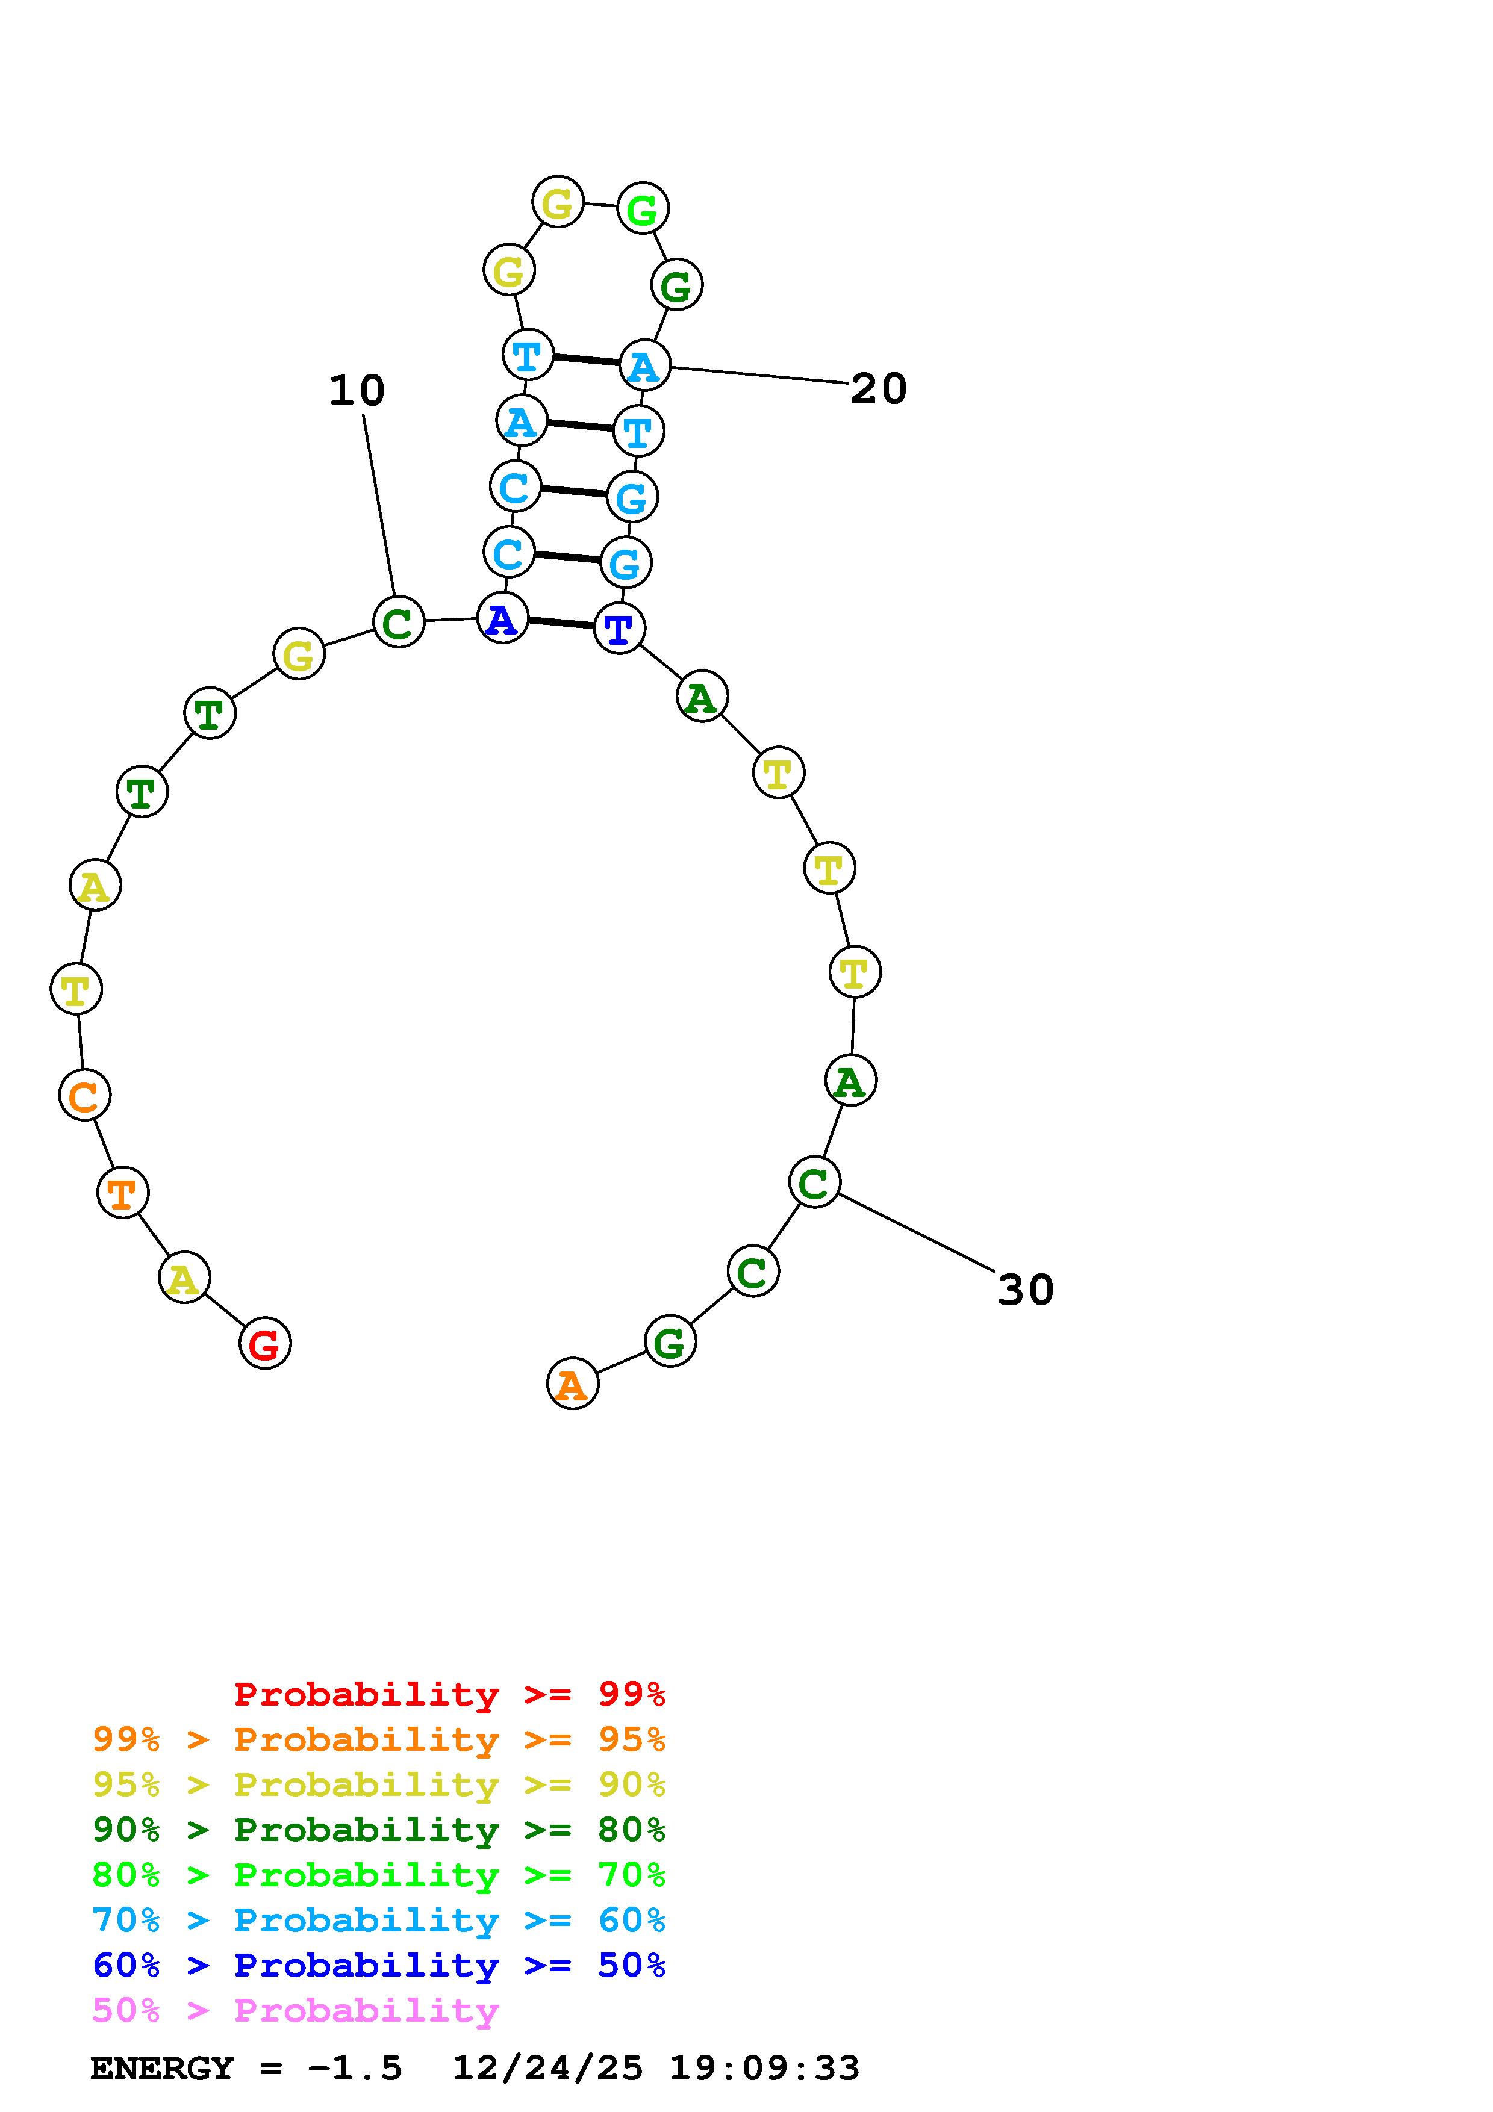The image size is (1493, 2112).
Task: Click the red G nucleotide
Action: [x=265, y=1343]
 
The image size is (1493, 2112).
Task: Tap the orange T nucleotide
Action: [x=122, y=1192]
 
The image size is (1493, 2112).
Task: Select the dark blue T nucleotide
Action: [x=619, y=629]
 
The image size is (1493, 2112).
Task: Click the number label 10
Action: [x=357, y=390]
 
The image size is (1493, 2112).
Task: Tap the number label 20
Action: [x=879, y=388]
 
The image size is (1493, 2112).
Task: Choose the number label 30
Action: [x=1026, y=1290]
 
